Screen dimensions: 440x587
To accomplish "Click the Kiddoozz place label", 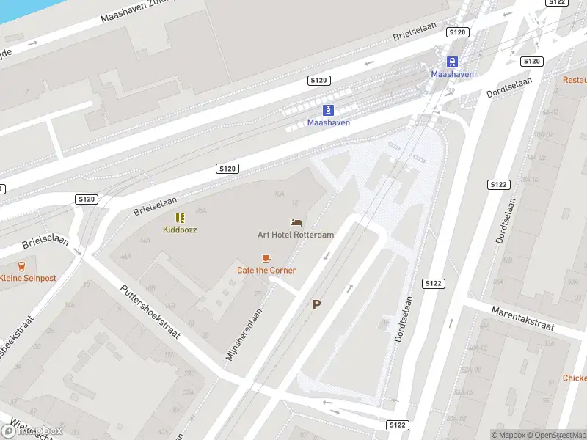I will coord(180,230).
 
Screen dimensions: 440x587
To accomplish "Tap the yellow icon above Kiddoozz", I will coord(180,218).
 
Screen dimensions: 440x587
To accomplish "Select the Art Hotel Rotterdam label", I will coord(296,235).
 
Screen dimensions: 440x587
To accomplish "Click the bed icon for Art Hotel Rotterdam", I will coord(296,222).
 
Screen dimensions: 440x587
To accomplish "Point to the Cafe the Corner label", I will coord(266,270).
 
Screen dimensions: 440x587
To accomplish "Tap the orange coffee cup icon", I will coord(266,258).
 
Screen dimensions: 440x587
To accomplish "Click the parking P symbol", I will coord(317,305).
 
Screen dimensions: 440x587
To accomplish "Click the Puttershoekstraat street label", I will coord(150,311).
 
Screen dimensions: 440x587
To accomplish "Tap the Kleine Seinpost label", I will coord(28,278).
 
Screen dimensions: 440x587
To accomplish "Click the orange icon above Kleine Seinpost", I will coord(21,265).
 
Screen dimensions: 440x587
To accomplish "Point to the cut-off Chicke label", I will coord(574,378).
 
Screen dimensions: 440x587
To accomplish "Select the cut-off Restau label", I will coord(575,79).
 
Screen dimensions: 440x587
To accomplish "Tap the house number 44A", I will coord(145,240).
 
